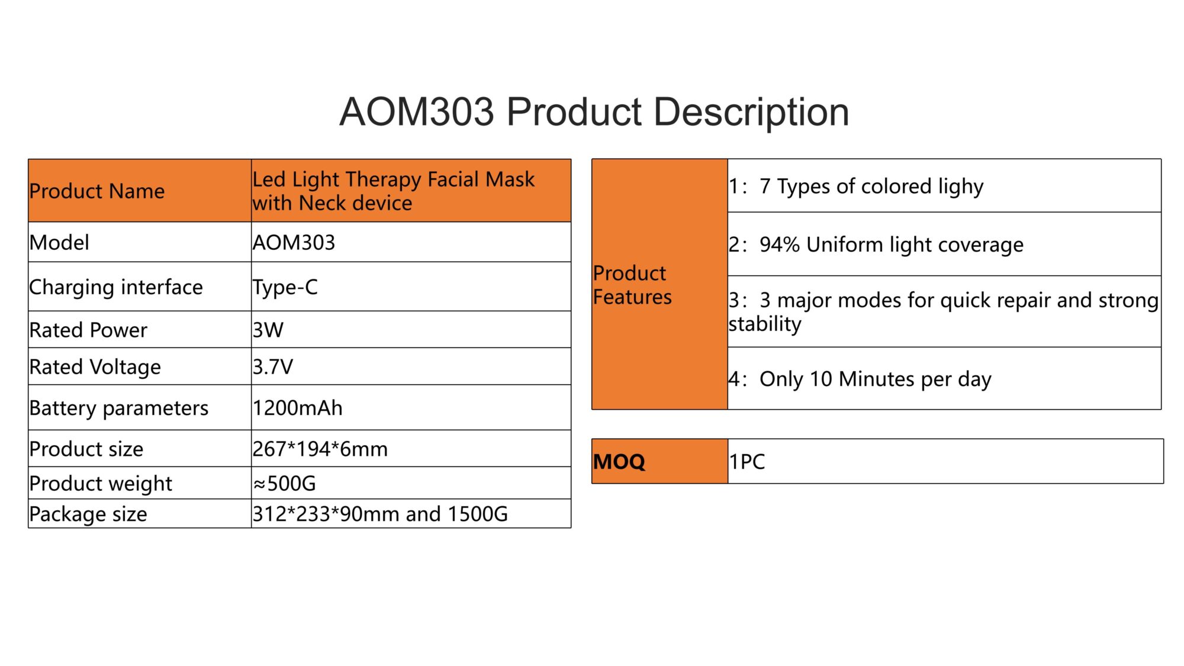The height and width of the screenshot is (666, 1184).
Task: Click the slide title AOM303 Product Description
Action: (x=594, y=112)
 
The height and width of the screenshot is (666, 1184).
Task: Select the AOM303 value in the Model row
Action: (x=294, y=243)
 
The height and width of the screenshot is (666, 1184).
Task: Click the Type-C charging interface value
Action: (x=285, y=288)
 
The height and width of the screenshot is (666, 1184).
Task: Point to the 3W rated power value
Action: (x=268, y=330)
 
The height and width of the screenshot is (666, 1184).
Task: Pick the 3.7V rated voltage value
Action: (x=273, y=367)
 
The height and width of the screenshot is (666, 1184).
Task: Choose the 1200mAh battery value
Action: (x=298, y=408)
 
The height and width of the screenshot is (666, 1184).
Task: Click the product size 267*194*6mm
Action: (x=320, y=449)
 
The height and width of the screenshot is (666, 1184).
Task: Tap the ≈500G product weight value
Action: (x=285, y=484)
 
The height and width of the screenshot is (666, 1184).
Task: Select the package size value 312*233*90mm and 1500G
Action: (x=380, y=514)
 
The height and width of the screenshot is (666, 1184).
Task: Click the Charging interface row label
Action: (x=116, y=288)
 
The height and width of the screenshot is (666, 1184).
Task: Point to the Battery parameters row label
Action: (x=119, y=408)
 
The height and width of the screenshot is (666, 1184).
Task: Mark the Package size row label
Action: (x=88, y=514)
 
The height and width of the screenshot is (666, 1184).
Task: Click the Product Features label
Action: (x=632, y=285)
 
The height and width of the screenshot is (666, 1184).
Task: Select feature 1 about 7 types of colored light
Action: (x=856, y=186)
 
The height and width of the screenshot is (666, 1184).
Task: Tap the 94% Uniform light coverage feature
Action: (x=876, y=245)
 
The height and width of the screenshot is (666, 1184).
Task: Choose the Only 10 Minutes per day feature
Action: (x=860, y=379)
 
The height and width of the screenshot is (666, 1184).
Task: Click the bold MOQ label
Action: (x=619, y=462)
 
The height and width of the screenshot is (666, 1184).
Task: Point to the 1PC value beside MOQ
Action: (x=747, y=462)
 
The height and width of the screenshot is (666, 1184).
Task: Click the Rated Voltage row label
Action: (x=95, y=368)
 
